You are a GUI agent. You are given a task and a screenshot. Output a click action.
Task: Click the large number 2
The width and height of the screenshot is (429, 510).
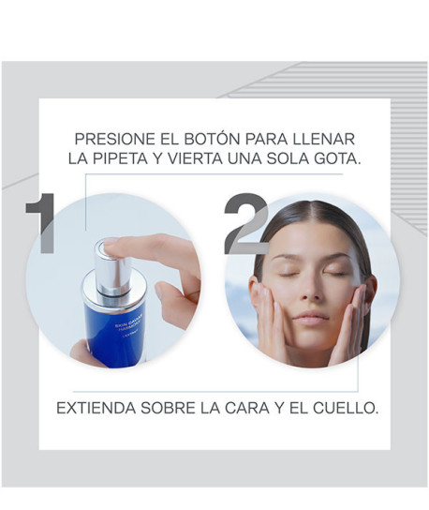(245, 226)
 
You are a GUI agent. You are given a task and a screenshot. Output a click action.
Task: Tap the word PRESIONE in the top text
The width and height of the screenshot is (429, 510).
(112, 135)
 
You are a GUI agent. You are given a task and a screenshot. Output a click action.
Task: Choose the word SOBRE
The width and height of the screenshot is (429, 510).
(172, 410)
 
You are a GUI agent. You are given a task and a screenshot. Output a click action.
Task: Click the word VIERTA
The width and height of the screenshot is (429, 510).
(200, 158)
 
